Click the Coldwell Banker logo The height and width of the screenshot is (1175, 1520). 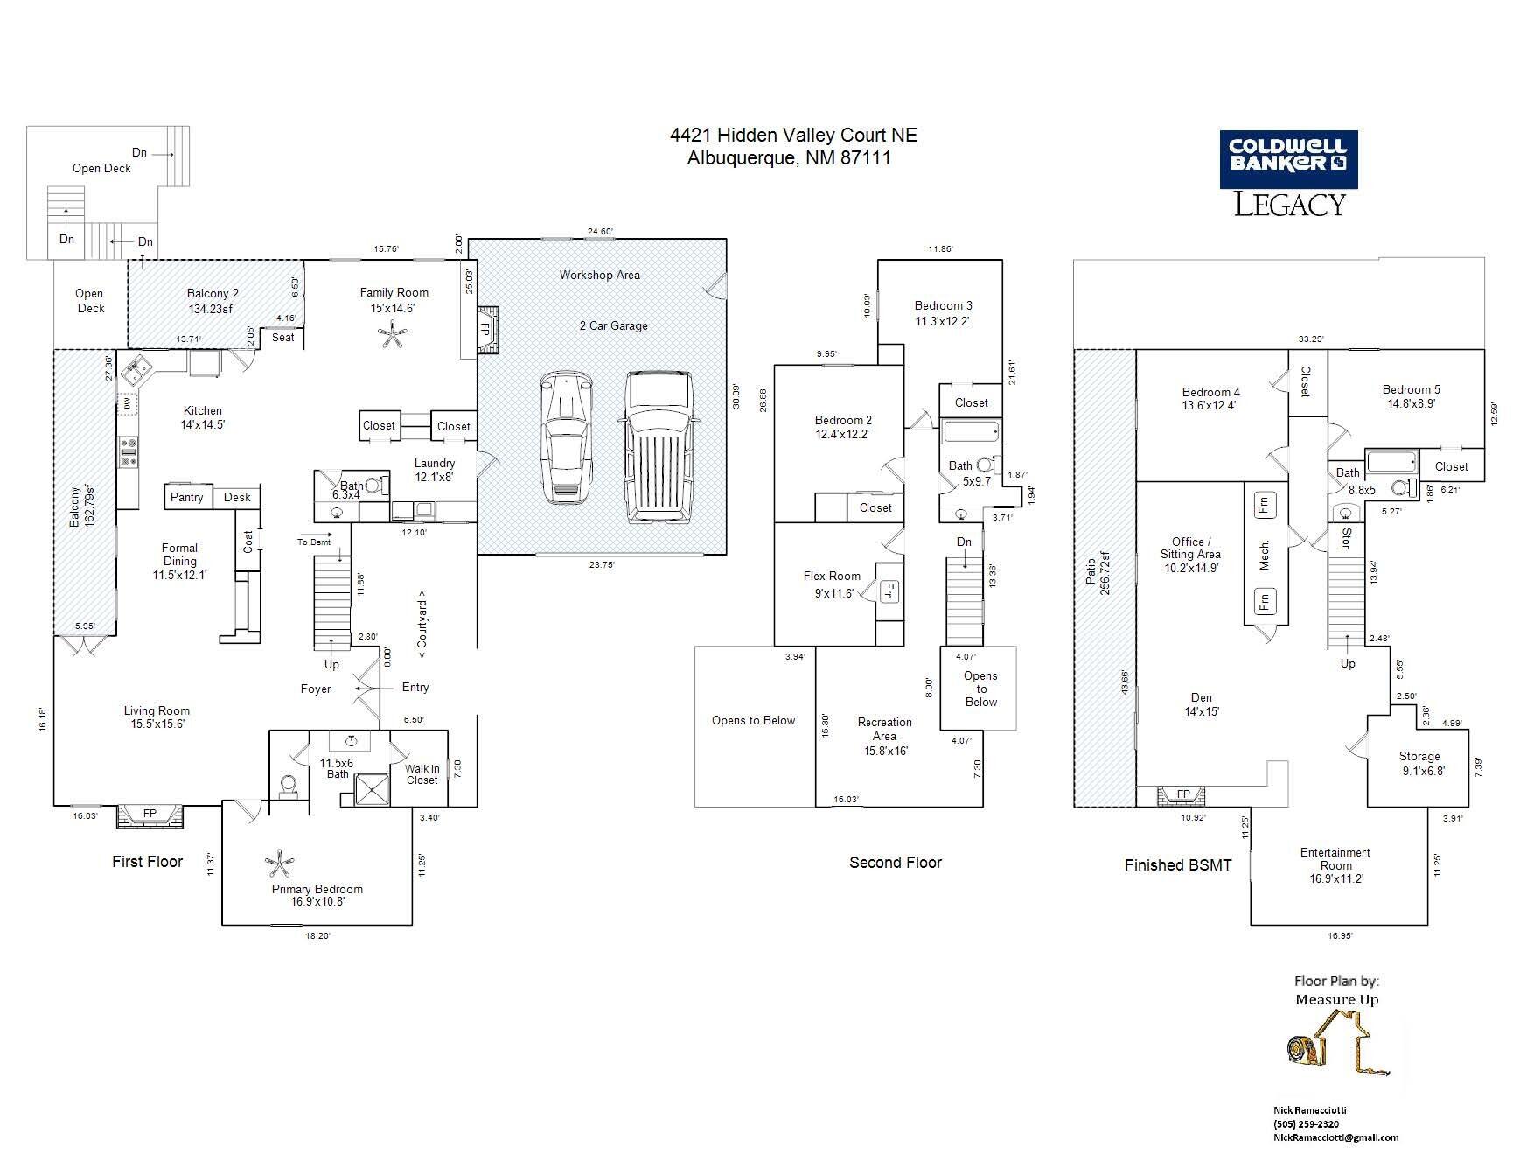pos(1288,173)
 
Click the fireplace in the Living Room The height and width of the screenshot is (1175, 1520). pos(150,814)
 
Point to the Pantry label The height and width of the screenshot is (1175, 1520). pos(187,497)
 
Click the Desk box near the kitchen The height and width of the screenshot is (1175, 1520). pos(237,497)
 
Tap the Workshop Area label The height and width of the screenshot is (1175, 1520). pos(600,275)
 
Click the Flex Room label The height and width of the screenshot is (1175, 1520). pos(832,576)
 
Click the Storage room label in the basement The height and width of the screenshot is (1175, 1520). pos(1419,757)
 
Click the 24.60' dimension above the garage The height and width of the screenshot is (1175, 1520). pos(600,232)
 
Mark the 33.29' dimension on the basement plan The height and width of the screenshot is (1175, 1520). pos(1310,339)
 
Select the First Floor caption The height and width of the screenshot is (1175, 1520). pos(147,862)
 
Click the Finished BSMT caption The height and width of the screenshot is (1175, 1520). pos(1178,865)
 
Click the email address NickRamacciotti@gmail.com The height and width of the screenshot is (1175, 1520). pos(1335,1137)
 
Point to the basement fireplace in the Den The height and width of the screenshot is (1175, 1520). pos(1182,795)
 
